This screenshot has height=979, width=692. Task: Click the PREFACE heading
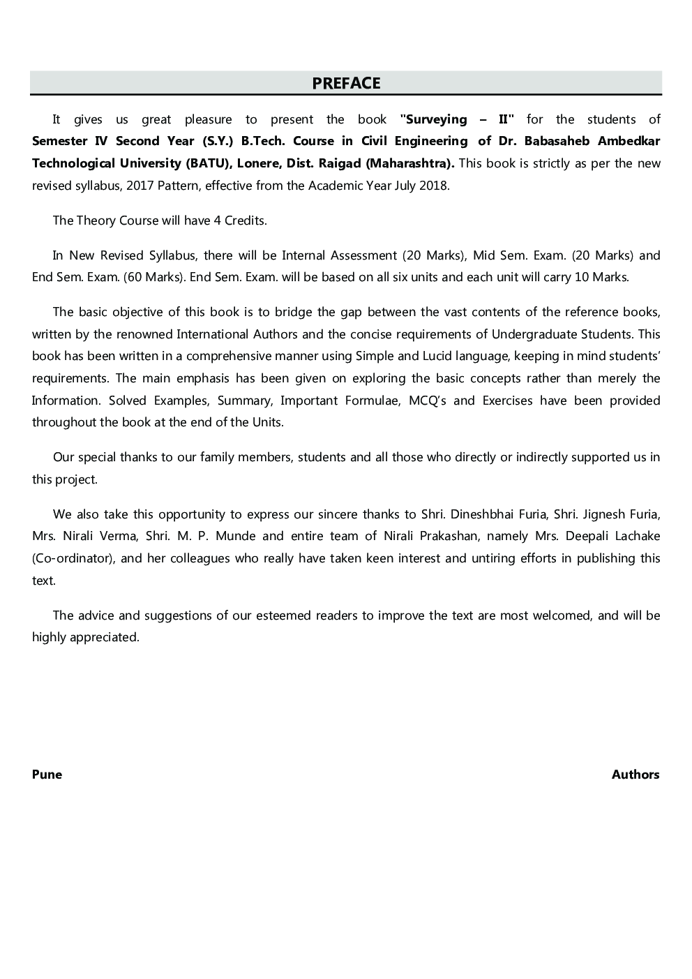tap(346, 83)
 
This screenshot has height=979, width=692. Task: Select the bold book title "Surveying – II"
tap(457, 119)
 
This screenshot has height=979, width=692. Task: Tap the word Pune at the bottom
tap(47, 774)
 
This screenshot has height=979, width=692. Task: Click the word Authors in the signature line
tap(635, 774)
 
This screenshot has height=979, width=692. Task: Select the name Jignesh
tap(596, 514)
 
